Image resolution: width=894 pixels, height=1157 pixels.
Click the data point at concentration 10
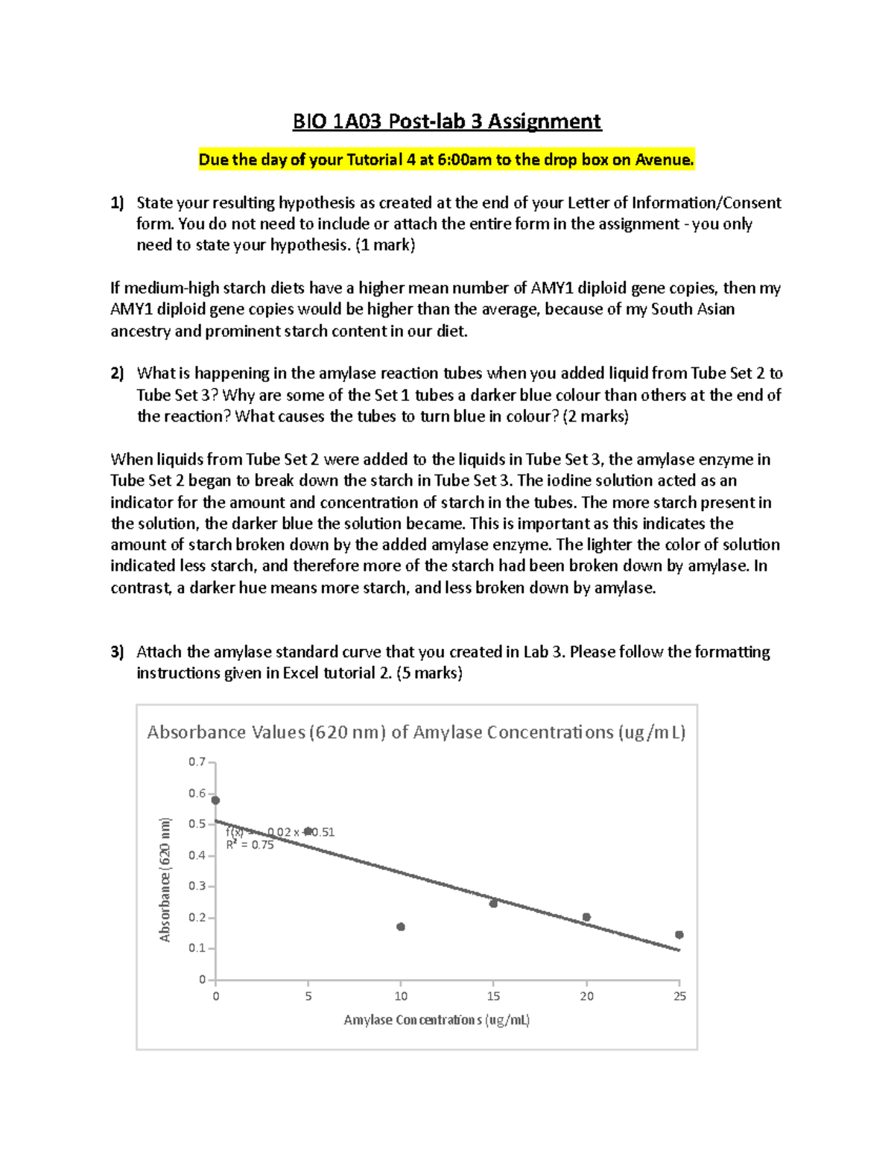pos(401,927)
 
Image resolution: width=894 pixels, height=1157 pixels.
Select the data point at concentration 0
pos(216,800)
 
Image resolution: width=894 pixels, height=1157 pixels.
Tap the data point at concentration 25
pos(679,934)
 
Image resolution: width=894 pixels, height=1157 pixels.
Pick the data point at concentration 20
pos(586,917)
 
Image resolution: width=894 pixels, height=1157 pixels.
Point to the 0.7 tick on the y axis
pos(197,762)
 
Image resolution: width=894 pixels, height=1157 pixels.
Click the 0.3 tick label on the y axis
pos(197,886)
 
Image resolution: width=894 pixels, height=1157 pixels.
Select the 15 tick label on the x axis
pos(493,996)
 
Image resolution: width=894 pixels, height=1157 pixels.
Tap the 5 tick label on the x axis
pos(308,996)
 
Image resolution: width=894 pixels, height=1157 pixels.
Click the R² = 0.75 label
pos(250,845)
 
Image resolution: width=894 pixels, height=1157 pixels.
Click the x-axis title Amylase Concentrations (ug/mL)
pos(437,1020)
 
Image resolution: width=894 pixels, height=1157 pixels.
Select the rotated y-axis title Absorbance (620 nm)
pos(165,879)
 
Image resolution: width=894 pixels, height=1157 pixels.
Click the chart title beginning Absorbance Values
pos(416,732)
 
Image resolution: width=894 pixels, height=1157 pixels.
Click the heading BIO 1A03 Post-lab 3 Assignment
pos(447,121)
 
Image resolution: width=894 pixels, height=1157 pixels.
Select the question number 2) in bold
pos(117,373)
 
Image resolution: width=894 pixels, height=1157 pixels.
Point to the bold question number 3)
pos(117,652)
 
